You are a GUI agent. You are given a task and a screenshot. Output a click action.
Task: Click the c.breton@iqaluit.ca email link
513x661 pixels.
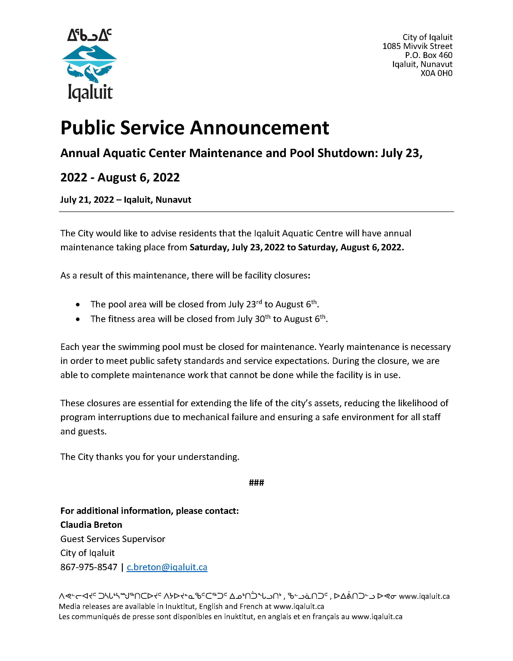click(x=167, y=567)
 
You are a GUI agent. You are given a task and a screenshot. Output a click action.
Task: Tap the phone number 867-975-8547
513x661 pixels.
click(x=89, y=567)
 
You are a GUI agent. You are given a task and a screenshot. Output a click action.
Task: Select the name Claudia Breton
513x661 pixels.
click(x=91, y=525)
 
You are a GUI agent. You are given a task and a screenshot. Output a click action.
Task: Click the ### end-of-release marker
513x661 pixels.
click(x=256, y=483)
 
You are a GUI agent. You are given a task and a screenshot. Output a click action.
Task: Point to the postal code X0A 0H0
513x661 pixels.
click(x=436, y=73)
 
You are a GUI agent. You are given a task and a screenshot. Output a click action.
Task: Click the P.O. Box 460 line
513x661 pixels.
click(x=429, y=55)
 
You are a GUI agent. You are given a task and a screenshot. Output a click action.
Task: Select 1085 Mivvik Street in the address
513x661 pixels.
click(x=417, y=46)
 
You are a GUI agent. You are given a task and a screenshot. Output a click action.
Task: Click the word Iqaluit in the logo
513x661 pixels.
click(x=90, y=92)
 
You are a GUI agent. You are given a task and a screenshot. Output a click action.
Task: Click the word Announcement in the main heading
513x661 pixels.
click(x=259, y=128)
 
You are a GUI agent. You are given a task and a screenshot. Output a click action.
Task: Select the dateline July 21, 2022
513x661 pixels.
click(x=87, y=200)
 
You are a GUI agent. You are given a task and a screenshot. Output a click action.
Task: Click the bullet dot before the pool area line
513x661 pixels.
click(x=78, y=305)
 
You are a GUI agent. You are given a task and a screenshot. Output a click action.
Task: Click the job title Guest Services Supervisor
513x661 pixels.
click(x=113, y=539)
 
